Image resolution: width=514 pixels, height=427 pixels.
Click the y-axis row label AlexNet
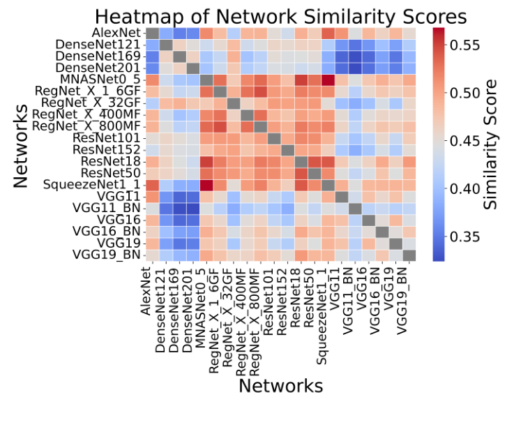(x=116, y=33)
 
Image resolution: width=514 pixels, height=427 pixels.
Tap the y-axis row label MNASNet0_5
(x=103, y=80)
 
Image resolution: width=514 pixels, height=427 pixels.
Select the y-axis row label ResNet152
(x=108, y=149)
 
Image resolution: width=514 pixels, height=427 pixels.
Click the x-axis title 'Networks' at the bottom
(x=280, y=385)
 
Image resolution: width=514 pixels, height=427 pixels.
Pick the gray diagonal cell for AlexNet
(x=151, y=33)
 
